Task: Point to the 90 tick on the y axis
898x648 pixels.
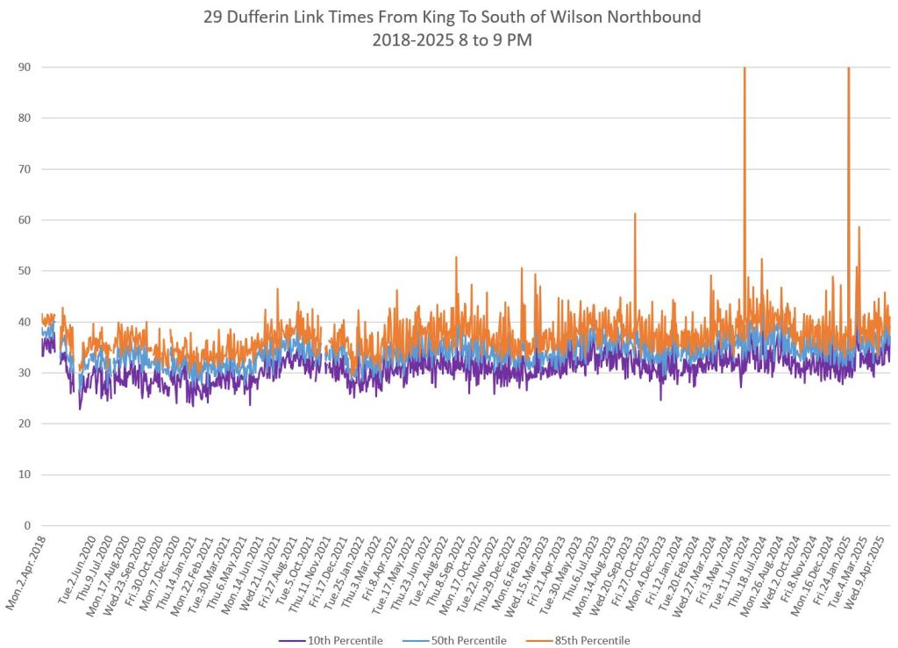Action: pyautogui.click(x=27, y=67)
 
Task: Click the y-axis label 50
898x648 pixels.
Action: pyautogui.click(x=27, y=271)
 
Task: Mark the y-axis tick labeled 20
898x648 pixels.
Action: pyautogui.click(x=27, y=424)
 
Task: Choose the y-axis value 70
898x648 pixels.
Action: pyautogui.click(x=27, y=169)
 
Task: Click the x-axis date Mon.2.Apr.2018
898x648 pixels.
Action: pyautogui.click(x=32, y=570)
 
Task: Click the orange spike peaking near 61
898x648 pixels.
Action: pyautogui.click(x=634, y=215)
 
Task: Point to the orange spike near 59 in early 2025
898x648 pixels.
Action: pyautogui.click(x=859, y=228)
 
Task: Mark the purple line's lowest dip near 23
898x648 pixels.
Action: pyautogui.click(x=80, y=408)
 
